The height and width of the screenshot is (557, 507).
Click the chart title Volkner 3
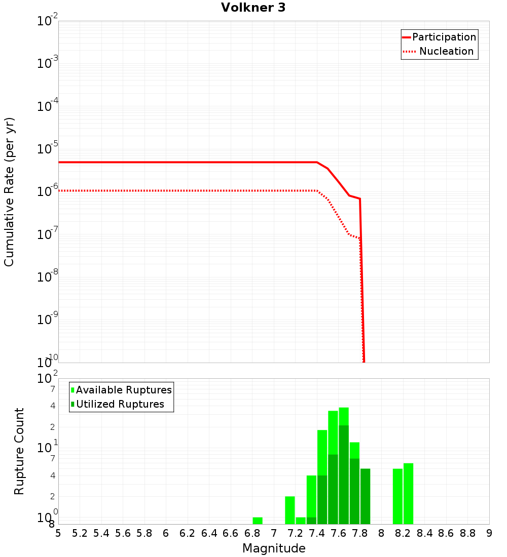click(x=253, y=8)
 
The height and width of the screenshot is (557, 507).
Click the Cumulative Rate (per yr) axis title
click(x=9, y=192)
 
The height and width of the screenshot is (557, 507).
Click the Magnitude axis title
click(x=274, y=548)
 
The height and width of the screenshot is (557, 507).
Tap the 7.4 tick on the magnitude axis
click(x=317, y=533)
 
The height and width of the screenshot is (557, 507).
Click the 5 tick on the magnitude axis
click(x=58, y=533)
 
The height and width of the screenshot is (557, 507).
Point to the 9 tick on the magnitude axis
click(x=489, y=533)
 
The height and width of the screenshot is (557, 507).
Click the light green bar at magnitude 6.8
click(x=258, y=521)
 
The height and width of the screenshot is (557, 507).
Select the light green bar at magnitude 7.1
click(x=290, y=510)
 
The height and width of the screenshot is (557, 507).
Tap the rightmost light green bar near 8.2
click(x=408, y=494)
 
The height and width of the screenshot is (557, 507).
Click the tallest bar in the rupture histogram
click(x=344, y=466)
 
